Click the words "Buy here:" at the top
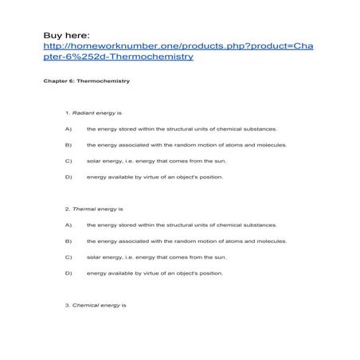pos(67,35)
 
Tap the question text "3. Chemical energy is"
pos(96,305)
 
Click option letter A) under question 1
pos(68,128)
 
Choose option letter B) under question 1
pos(68,145)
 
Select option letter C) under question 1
pos(68,161)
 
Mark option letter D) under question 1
pos(68,177)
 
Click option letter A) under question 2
pos(68,225)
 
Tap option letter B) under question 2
pos(68,241)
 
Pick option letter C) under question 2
pos(68,257)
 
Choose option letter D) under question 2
pos(68,273)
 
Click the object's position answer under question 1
pos(155,177)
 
